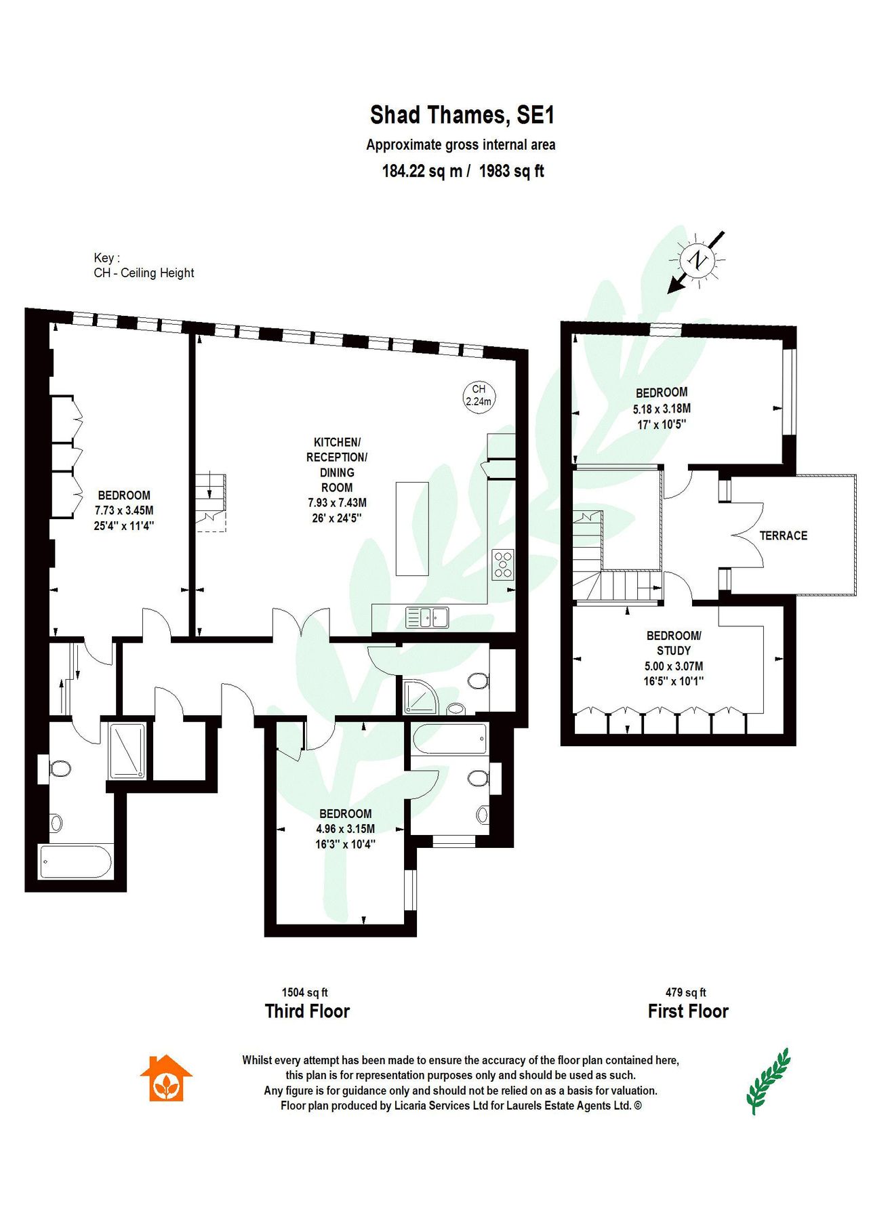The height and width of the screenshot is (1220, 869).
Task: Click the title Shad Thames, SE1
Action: [x=462, y=115]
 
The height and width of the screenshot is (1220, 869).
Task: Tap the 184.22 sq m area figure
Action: [x=422, y=171]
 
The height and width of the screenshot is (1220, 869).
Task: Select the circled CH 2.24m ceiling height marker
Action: [x=479, y=395]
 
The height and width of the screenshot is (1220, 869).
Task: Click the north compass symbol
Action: [x=697, y=260]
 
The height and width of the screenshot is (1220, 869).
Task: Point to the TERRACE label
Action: [x=783, y=535]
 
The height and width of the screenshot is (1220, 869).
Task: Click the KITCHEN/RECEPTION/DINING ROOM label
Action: [x=337, y=465]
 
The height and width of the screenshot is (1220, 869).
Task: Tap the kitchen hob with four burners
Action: [x=503, y=565]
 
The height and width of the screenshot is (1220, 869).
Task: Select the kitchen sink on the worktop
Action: [x=427, y=617]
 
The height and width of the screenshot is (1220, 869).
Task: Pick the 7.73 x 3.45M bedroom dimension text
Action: [x=124, y=510]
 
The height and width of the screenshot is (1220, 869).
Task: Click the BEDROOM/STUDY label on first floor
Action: [x=674, y=643]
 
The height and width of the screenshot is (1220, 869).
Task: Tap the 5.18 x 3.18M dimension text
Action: [x=662, y=409]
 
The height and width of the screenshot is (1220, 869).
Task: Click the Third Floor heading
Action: [x=307, y=1011]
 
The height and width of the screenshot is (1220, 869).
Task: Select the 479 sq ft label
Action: [x=685, y=992]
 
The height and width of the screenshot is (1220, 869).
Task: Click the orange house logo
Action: [x=166, y=1078]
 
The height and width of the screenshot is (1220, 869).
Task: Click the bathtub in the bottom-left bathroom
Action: [x=75, y=861]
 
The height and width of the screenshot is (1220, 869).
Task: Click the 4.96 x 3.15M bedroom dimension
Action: [x=345, y=829]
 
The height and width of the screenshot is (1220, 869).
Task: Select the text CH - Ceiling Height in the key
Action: [x=144, y=273]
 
